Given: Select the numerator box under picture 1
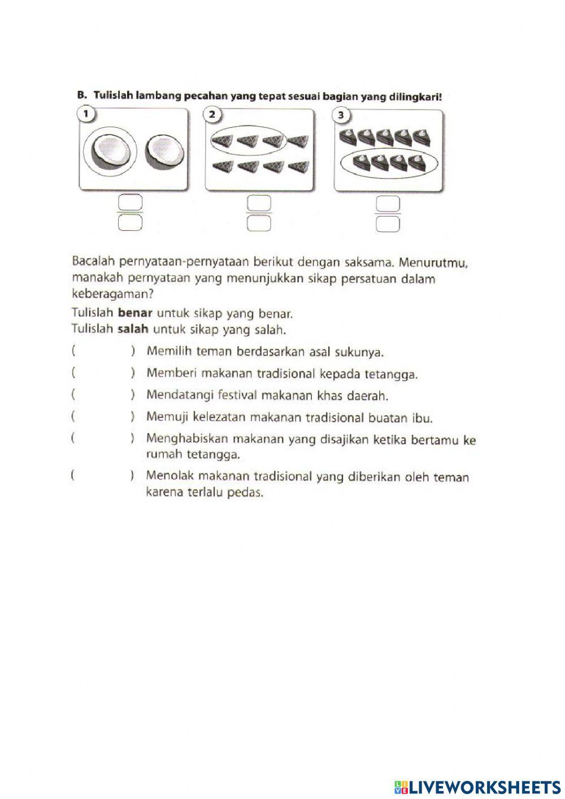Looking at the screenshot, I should pos(130,202).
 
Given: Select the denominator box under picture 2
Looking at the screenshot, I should pos(259,224).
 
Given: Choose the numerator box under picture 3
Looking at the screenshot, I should pos(388,202).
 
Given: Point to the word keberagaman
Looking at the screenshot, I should pos(113,295).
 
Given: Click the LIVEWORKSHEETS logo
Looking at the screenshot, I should pos(477,787).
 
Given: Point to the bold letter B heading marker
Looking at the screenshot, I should pos(81,95).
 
